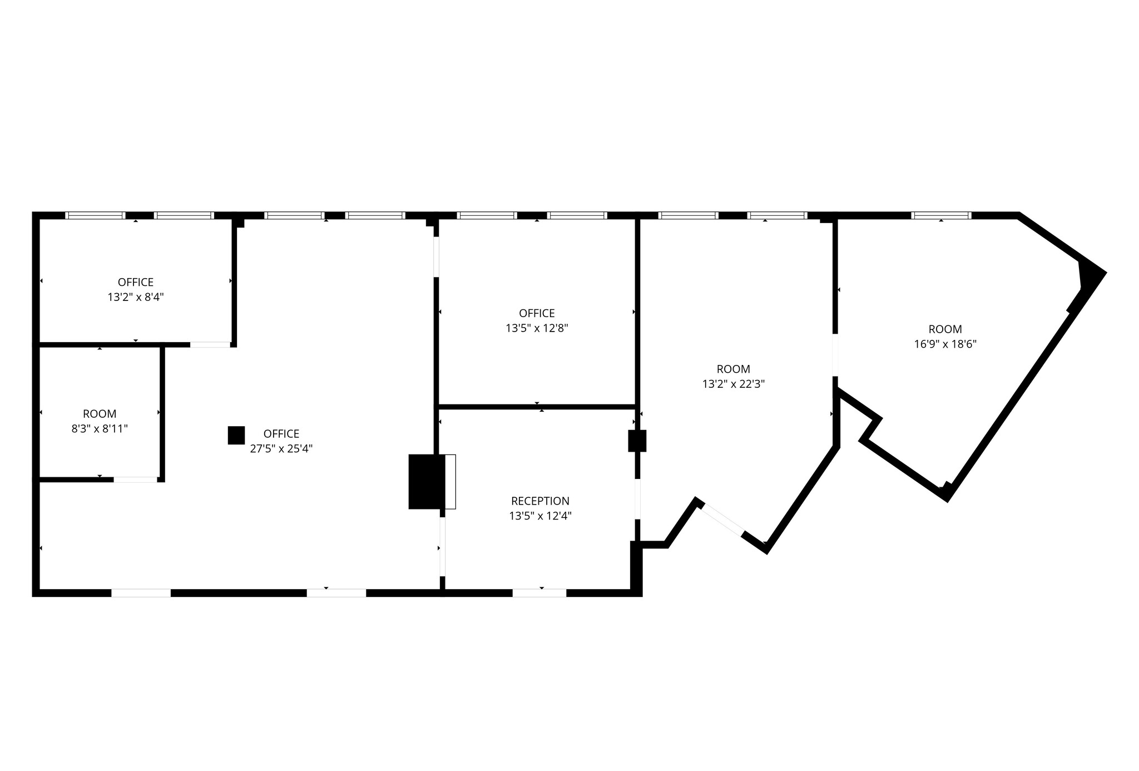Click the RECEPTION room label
point(540,501)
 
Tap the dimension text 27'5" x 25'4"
point(281,449)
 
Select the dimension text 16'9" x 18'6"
point(945,344)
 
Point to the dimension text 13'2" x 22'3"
point(734,384)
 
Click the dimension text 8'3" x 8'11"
point(100,429)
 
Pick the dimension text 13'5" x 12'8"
point(537,328)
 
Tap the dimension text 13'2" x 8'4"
point(136,297)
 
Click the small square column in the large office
point(236,436)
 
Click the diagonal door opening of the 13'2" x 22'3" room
point(721,520)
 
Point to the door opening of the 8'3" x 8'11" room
point(136,480)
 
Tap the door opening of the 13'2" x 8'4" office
point(210,345)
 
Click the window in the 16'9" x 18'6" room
point(941,215)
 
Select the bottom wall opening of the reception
point(539,593)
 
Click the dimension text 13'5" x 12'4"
point(540,516)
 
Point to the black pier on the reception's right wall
point(637,441)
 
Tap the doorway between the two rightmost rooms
point(835,355)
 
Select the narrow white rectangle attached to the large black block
point(450,482)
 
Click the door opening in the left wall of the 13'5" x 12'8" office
point(437,257)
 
